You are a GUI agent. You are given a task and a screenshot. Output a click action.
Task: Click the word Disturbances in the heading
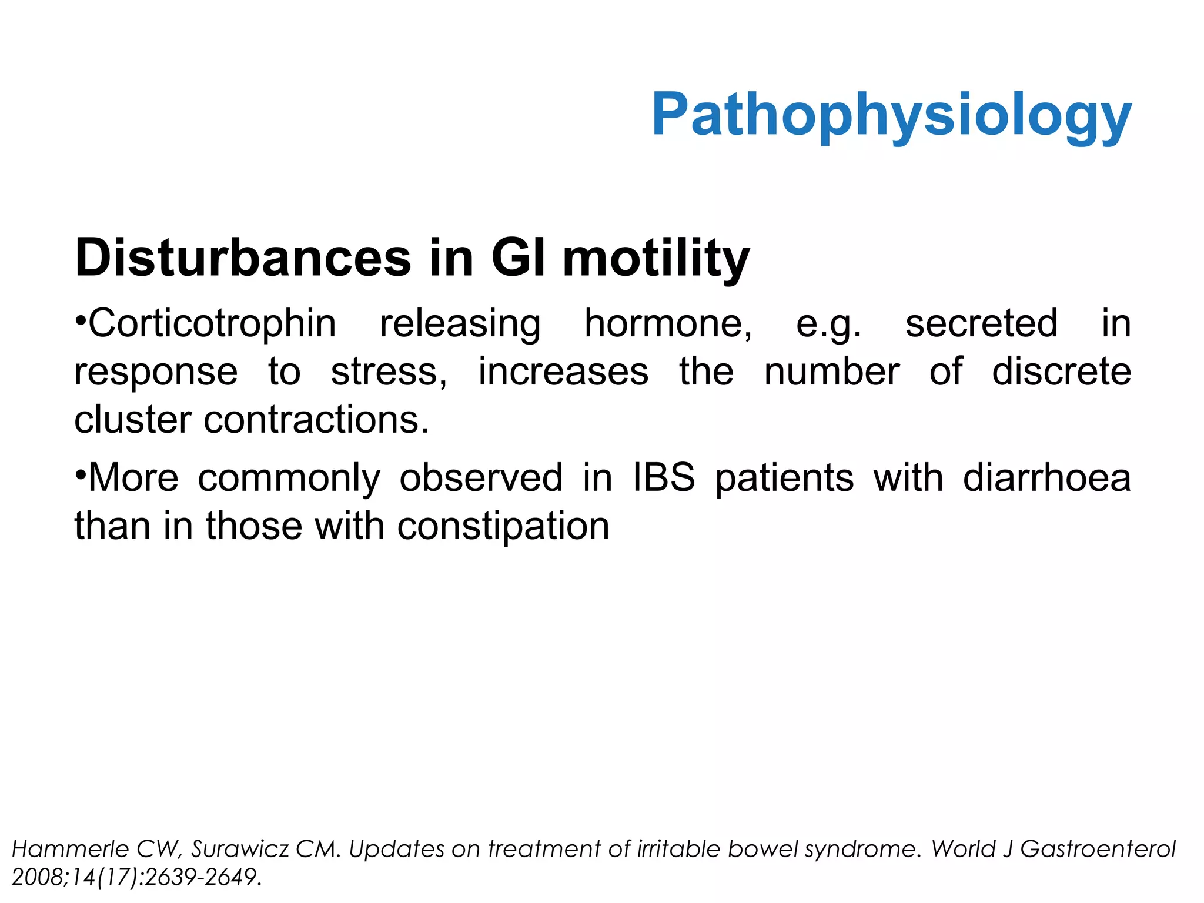243,258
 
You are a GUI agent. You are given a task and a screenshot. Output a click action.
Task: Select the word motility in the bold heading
655,258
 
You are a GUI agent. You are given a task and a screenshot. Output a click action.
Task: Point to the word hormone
668,324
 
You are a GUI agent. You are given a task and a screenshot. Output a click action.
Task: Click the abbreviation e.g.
828,324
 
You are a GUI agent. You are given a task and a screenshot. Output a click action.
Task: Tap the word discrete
1061,372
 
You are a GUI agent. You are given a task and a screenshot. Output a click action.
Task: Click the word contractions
316,420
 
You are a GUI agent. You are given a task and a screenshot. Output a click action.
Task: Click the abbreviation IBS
663,477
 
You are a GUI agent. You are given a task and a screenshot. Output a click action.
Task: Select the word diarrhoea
1046,477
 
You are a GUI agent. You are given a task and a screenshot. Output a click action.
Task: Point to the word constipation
503,526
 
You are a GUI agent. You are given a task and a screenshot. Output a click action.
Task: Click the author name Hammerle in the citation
70,849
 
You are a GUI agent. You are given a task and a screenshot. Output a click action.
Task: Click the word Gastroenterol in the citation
1097,849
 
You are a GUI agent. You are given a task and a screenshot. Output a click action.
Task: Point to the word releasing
460,324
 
